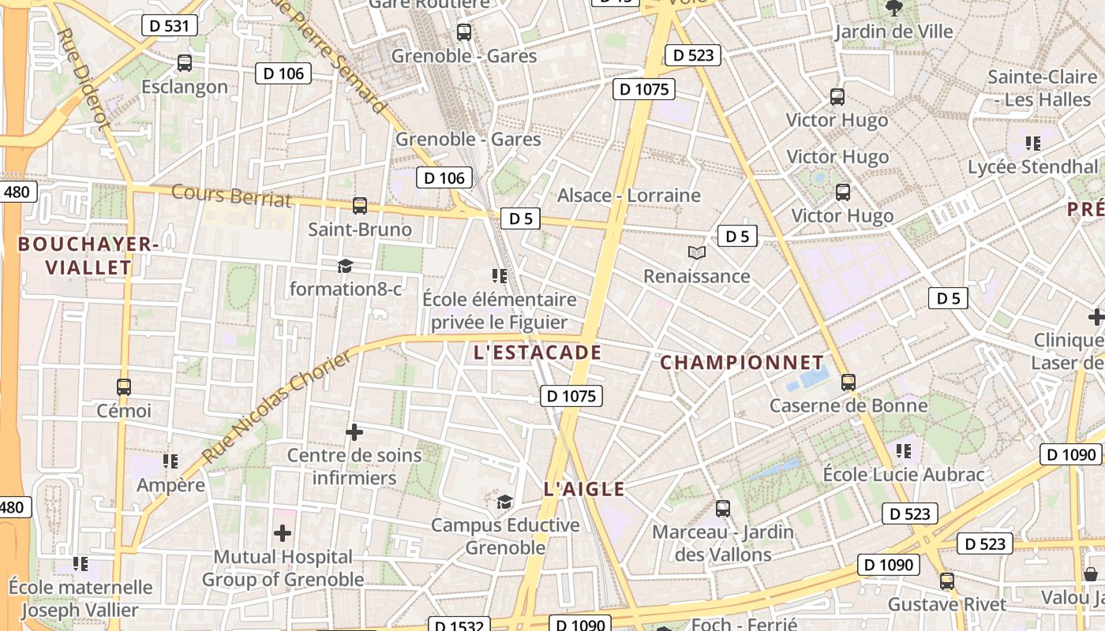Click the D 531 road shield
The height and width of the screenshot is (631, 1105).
coord(169,25)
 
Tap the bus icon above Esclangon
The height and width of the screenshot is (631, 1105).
coord(185,63)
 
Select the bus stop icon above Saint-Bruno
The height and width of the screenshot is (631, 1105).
coord(360,206)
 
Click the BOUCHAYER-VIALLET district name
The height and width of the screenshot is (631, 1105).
coord(88,256)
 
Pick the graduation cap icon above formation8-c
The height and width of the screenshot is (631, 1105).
coord(345,266)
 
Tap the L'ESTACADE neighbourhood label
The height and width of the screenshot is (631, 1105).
coord(538,353)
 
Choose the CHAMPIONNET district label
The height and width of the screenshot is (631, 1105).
coord(742,363)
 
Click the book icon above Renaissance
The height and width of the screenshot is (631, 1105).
coord(696,253)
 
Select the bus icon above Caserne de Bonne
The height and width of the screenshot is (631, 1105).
coord(848,383)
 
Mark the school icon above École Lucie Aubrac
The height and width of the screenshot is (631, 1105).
coord(904,451)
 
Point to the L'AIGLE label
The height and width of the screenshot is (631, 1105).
coord(584,489)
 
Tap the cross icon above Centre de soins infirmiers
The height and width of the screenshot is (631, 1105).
coord(354,432)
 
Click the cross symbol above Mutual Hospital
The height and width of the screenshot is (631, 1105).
coord(283,534)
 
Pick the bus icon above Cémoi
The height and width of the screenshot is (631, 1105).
coord(124,387)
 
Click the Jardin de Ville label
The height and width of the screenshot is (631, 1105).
coord(894,32)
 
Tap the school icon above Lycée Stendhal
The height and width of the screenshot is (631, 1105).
coord(1032,144)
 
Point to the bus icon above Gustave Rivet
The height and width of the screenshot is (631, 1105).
coord(947,581)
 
